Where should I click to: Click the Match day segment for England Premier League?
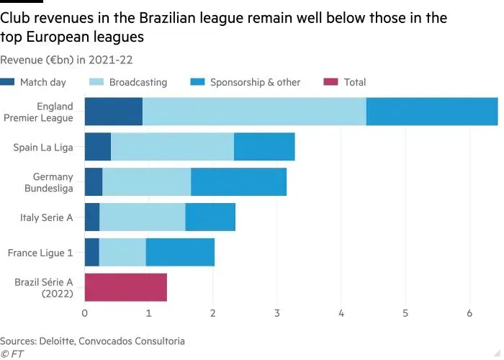[113, 112]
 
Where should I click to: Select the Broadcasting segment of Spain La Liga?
[172, 147]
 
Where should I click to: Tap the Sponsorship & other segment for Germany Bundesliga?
[238, 181]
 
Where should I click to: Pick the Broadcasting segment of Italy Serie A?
[142, 217]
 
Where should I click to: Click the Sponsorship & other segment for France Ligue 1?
[180, 252]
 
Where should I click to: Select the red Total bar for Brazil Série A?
[125, 287]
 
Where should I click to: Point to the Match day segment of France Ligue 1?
[91, 252]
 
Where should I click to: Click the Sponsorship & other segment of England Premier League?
[432, 112]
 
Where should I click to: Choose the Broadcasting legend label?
[138, 82]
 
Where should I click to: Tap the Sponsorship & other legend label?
[255, 82]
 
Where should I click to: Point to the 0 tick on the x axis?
[85, 313]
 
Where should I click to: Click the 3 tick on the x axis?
[277, 313]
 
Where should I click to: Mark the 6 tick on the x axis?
[469, 313]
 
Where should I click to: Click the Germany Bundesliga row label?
[53, 181]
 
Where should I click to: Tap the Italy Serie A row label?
[46, 217]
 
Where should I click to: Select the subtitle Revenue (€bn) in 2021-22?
[66, 60]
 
